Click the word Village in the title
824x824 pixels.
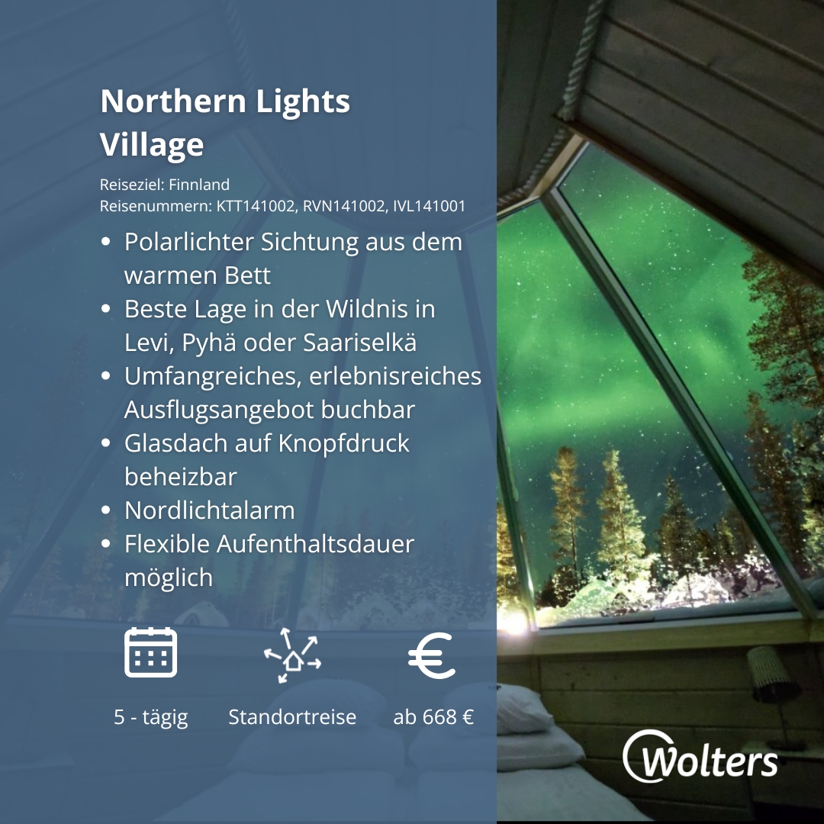click(152, 145)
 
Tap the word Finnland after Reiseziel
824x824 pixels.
click(199, 185)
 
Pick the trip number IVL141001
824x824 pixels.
click(430, 206)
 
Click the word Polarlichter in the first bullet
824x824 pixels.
click(189, 242)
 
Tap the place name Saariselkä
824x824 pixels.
click(360, 343)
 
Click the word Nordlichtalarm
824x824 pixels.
click(209, 510)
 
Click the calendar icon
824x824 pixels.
click(151, 652)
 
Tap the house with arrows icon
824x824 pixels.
click(292, 655)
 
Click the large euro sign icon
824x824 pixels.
click(432, 655)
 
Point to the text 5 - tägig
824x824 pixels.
click(151, 717)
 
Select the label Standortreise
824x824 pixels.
click(292, 717)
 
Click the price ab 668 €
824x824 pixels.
click(433, 717)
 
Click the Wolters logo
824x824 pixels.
click(700, 758)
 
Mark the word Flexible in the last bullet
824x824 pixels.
click(167, 544)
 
